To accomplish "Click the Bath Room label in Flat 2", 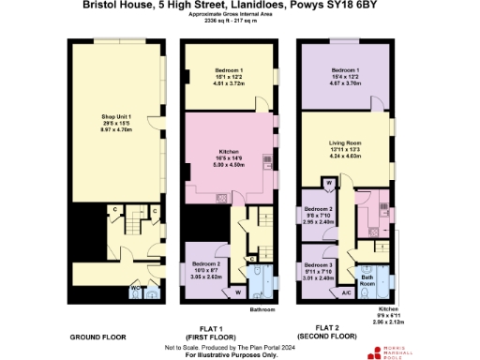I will (368, 279).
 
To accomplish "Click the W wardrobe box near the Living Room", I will (316, 182).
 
